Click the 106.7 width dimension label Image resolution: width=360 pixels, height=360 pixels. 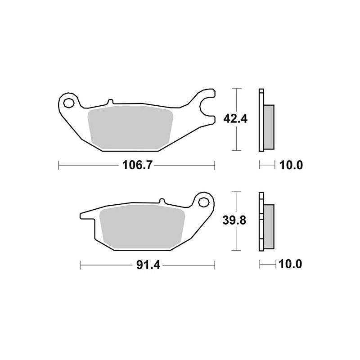137,165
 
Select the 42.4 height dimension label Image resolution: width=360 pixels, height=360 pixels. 235,119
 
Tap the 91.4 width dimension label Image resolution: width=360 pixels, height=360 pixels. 148,265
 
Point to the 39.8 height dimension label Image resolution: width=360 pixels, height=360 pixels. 234,220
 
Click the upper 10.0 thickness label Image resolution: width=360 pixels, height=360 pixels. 291,165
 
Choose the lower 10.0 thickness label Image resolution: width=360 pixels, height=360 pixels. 290,264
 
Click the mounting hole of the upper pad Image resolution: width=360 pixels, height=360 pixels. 69,103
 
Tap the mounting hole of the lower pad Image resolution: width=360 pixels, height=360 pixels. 203,202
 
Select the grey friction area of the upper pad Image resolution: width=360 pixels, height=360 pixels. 130,127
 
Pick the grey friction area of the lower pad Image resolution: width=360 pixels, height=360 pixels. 142,227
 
